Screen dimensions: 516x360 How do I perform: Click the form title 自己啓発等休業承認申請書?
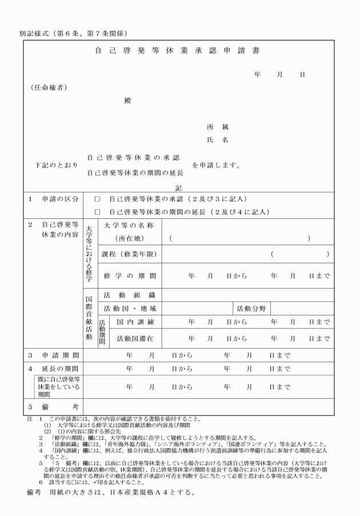click(x=177, y=50)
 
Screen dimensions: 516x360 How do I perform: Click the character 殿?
click(x=127, y=100)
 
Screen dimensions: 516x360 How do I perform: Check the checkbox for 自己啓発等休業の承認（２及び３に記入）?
click(x=97, y=199)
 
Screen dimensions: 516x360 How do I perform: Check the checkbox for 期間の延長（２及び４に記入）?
click(x=97, y=212)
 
